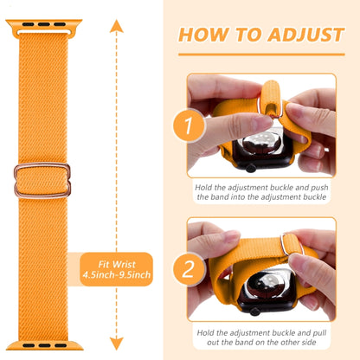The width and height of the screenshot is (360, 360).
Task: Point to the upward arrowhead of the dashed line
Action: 113,25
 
